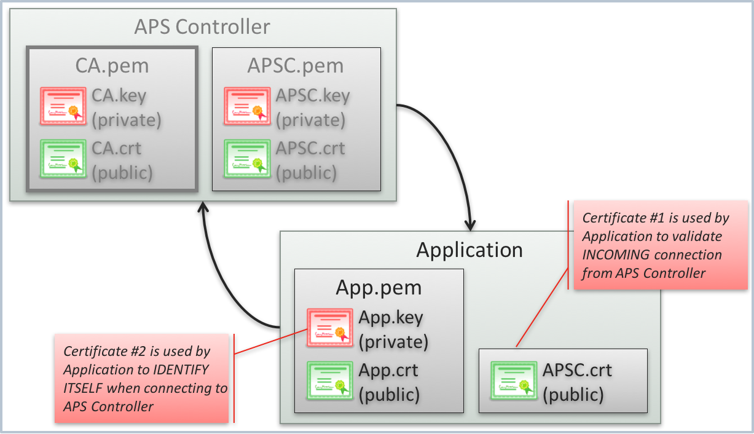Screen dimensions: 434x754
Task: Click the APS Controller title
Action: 202,27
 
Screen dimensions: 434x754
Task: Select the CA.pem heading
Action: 112,66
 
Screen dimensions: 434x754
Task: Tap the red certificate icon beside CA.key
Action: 62,106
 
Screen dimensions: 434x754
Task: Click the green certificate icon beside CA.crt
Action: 62,159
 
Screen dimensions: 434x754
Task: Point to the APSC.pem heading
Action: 296,66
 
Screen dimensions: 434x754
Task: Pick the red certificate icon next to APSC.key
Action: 246,106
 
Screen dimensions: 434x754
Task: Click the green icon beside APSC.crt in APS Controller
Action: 246,159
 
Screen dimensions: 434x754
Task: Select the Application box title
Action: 469,250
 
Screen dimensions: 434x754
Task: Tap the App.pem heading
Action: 379,288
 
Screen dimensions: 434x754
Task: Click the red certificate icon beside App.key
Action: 330,328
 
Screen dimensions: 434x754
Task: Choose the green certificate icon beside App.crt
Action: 330,381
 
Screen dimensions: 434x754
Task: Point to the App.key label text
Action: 391,318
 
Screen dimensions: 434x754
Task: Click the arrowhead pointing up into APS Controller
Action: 203,208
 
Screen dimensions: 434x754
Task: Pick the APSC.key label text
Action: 313,96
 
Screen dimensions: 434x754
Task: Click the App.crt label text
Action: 388,371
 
